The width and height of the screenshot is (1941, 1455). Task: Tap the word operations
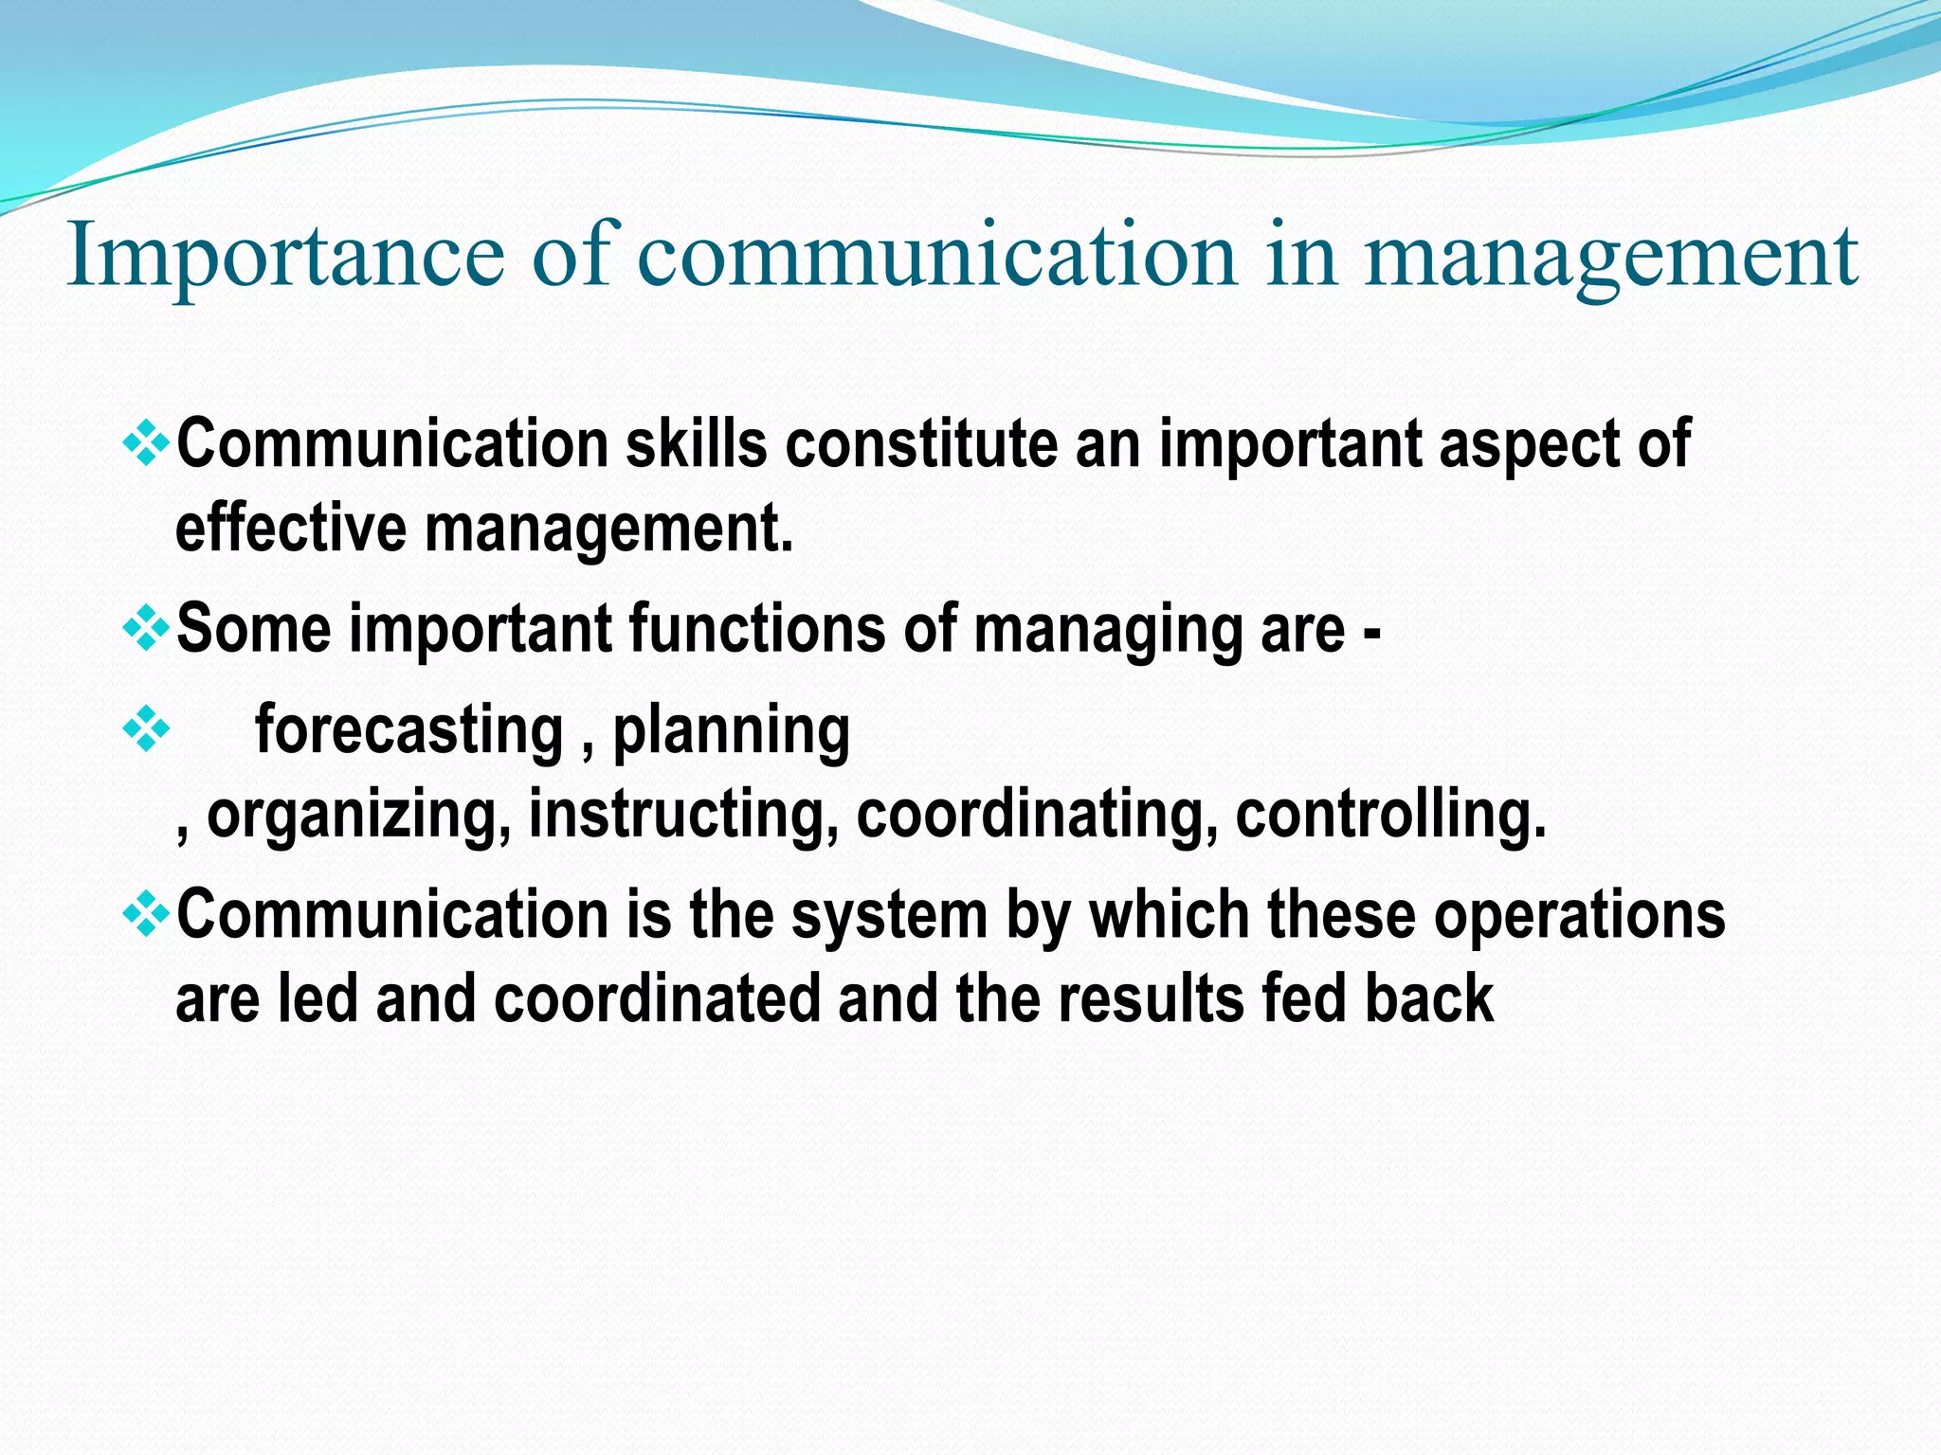pos(1579,917)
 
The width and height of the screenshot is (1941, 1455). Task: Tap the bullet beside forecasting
pos(147,730)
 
